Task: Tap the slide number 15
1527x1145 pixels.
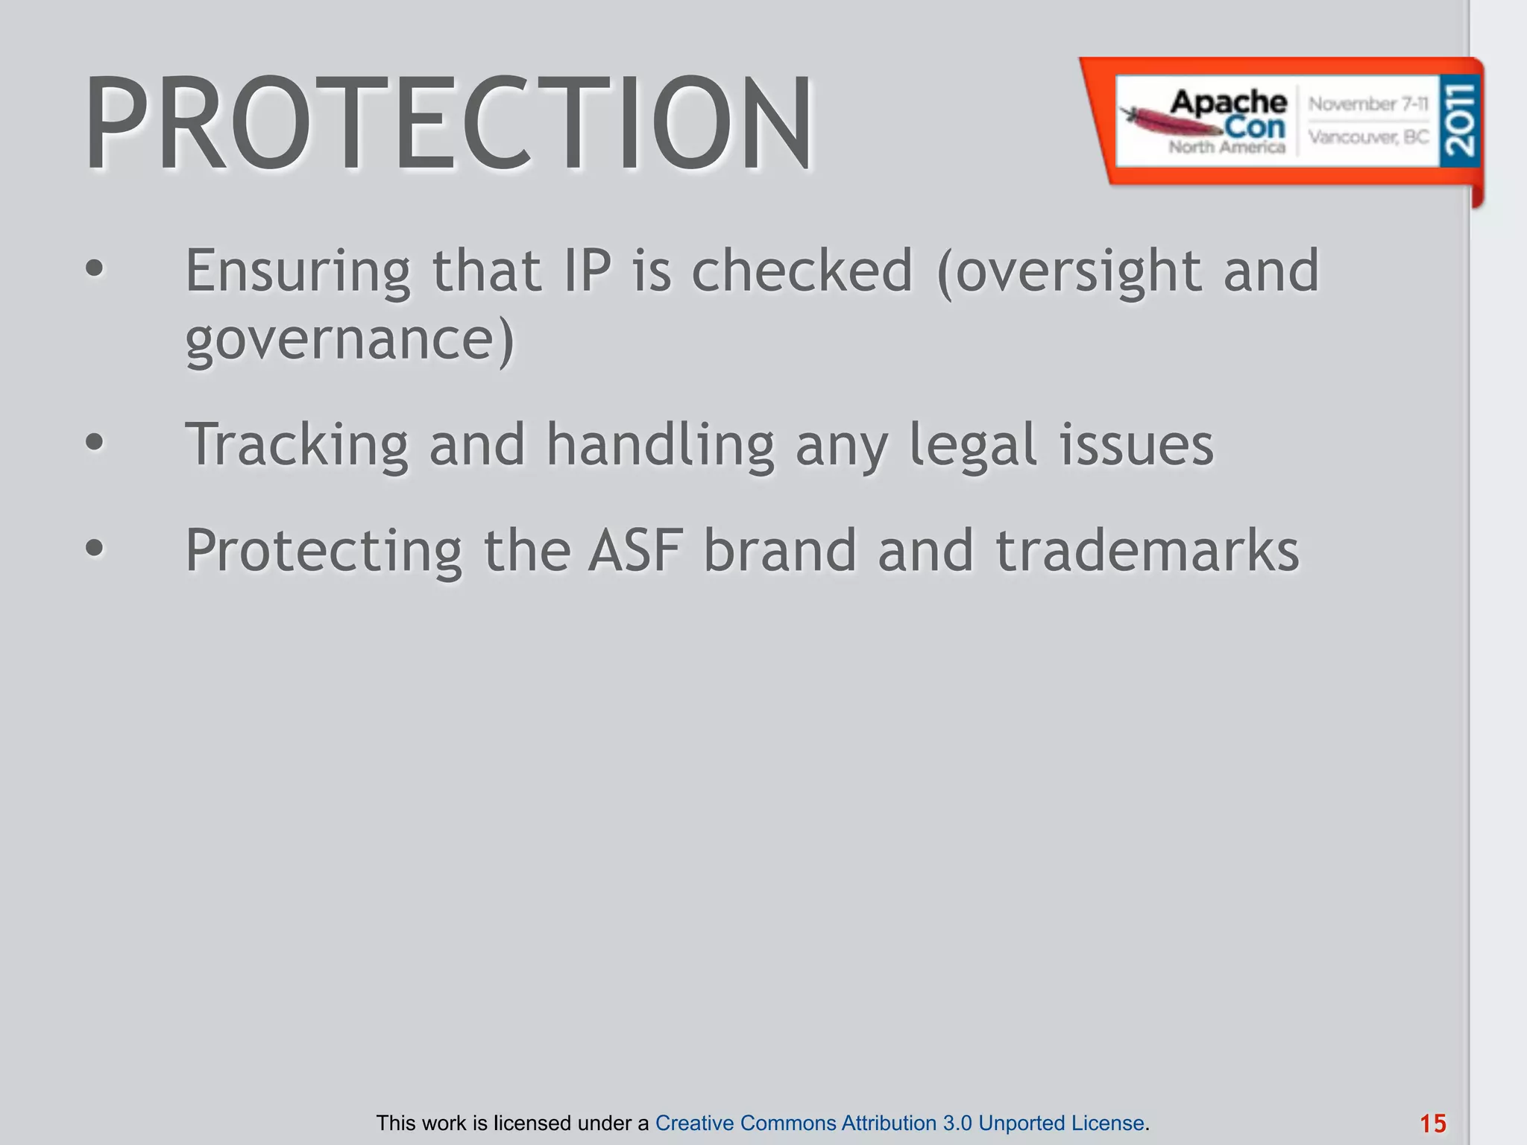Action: (x=1432, y=1123)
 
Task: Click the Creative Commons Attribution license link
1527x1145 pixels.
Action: (x=899, y=1123)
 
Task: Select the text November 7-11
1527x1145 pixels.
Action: (x=1368, y=104)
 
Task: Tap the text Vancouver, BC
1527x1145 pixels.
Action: (x=1368, y=137)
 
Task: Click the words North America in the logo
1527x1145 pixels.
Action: (x=1227, y=147)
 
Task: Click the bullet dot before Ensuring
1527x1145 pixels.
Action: (x=94, y=269)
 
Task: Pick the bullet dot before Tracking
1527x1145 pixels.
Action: (x=94, y=443)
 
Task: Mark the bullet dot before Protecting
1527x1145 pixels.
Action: (x=94, y=549)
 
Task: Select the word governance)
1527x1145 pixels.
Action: (x=350, y=339)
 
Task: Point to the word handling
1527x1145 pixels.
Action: (x=661, y=446)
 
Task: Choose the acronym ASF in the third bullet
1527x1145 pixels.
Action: (x=635, y=550)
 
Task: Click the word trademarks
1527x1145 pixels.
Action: (x=1147, y=550)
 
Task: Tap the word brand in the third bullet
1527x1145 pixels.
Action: (x=780, y=550)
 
